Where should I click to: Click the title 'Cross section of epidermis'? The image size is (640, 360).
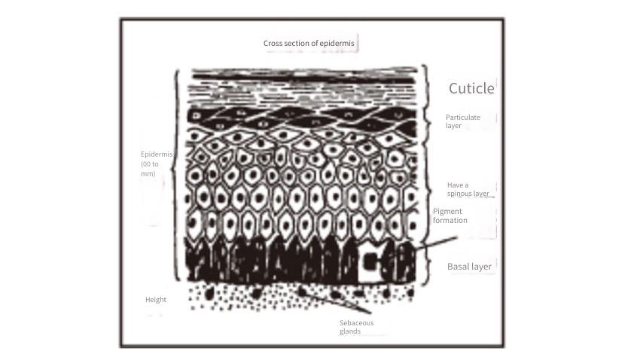[x=309, y=43]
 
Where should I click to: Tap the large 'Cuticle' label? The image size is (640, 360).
[x=471, y=88]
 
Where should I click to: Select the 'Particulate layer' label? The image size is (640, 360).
[x=463, y=121]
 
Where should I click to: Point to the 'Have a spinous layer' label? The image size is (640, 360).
[x=468, y=189]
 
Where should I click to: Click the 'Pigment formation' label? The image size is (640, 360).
[x=450, y=215]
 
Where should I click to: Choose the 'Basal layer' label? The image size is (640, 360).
[x=469, y=267]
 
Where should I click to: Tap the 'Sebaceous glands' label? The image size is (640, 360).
[x=356, y=327]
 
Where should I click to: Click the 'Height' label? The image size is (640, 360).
[x=156, y=300]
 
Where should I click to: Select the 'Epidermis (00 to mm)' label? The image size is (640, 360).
[x=157, y=163]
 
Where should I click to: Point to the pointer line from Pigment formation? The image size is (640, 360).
[x=436, y=243]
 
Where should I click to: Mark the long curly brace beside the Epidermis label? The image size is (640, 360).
[x=176, y=175]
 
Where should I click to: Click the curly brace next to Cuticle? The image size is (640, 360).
[x=425, y=93]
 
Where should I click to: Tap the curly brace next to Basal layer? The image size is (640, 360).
[x=428, y=261]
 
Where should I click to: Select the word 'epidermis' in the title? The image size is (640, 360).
[x=337, y=43]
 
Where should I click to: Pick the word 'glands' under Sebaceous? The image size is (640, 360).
[x=350, y=331]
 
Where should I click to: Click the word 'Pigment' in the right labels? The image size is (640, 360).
[x=447, y=211]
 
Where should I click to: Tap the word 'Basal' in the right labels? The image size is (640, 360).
[x=457, y=267]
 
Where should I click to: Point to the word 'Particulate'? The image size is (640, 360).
[x=463, y=117]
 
